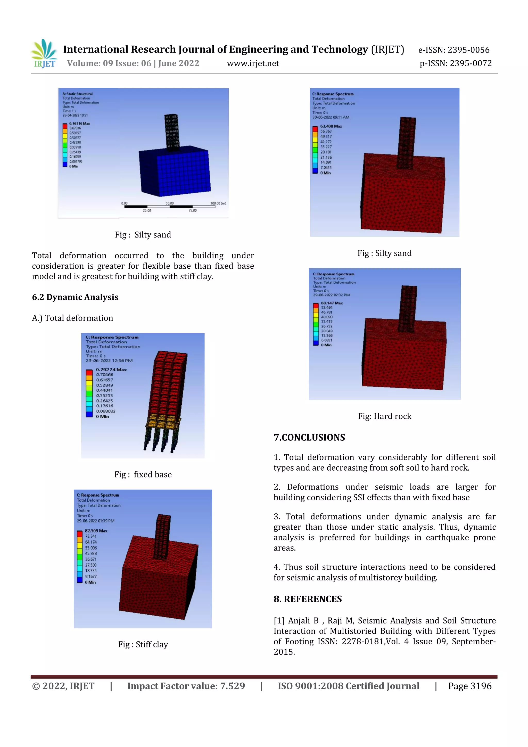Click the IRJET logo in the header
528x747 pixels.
(x=44, y=54)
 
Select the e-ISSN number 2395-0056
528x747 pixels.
(x=468, y=50)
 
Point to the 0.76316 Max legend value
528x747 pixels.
(x=79, y=124)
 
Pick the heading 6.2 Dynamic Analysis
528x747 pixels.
(x=75, y=297)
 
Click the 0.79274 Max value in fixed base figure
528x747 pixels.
(x=111, y=370)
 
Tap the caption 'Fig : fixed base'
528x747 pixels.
(x=143, y=474)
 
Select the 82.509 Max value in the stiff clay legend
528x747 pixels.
(x=96, y=531)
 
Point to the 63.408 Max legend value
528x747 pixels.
(x=331, y=126)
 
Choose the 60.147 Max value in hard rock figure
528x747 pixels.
(x=332, y=303)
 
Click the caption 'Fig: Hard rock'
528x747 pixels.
(x=385, y=416)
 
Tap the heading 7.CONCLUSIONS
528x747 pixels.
(x=309, y=438)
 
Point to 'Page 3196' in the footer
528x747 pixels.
(x=469, y=686)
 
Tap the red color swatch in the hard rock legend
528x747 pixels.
(x=316, y=306)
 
